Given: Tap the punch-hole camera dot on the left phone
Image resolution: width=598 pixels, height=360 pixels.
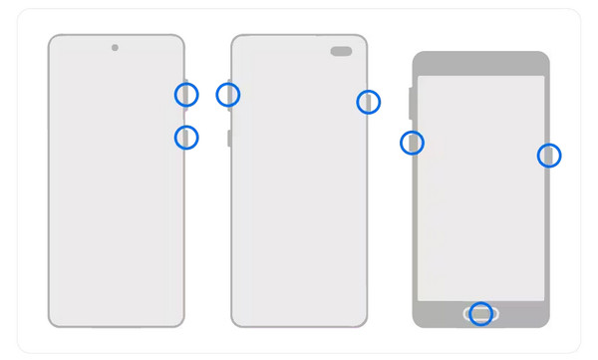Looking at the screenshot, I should pyautogui.click(x=115, y=48).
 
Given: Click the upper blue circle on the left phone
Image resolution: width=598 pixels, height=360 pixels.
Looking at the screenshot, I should pyautogui.click(x=186, y=95).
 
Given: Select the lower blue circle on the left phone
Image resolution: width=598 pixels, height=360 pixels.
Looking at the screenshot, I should pyautogui.click(x=186, y=138).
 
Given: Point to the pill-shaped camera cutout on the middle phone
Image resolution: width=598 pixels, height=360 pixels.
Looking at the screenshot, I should pyautogui.click(x=341, y=52).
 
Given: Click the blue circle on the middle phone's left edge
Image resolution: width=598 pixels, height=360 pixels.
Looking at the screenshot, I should pyautogui.click(x=228, y=95).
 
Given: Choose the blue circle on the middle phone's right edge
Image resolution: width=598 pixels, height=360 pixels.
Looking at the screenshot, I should pyautogui.click(x=369, y=101).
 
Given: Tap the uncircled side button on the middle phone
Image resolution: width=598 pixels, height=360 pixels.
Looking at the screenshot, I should pyautogui.click(x=229, y=138).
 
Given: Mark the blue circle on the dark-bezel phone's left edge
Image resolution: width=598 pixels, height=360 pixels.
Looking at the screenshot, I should pyautogui.click(x=412, y=143).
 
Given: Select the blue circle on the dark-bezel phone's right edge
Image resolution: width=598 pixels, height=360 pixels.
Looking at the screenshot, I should pyautogui.click(x=549, y=155).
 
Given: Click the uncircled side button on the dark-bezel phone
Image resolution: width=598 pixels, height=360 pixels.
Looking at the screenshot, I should pyautogui.click(x=412, y=103).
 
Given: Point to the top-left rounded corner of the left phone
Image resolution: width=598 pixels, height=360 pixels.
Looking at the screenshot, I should pyautogui.click(x=53, y=40).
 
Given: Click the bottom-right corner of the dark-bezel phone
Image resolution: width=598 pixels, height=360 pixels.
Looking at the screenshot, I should pyautogui.click(x=546, y=323).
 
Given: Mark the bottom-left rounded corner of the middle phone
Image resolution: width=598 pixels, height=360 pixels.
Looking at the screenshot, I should pyautogui.click(x=236, y=322).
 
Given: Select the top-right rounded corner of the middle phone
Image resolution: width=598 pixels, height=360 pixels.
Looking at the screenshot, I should pyautogui.click(x=362, y=40).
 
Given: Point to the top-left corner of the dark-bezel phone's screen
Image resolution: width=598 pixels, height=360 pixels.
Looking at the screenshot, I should pyautogui.click(x=420, y=78).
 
